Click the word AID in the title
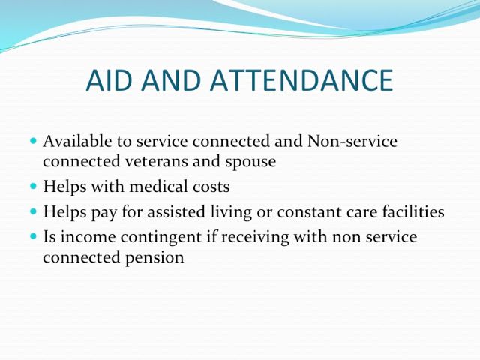[x=109, y=80]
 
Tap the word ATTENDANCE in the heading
[x=301, y=80]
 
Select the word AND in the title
[x=171, y=80]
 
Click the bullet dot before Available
[x=33, y=141]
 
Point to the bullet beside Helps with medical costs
[x=33, y=186]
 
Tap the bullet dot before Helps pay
[x=33, y=211]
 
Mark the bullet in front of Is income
[x=33, y=236]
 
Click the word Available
[x=77, y=141]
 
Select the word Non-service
[x=352, y=141]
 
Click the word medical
[x=158, y=186]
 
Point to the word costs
[x=211, y=187]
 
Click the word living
[x=231, y=212]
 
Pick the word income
[x=88, y=237]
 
